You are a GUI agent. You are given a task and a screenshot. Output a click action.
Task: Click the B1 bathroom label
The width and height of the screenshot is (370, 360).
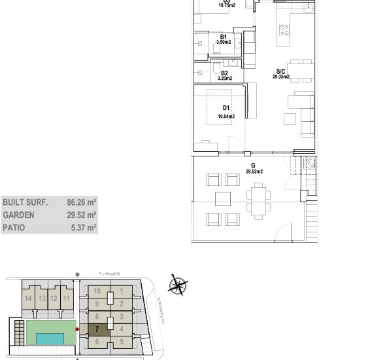coord(223,37)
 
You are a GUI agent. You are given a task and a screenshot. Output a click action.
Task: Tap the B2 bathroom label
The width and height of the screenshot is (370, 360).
coord(224,73)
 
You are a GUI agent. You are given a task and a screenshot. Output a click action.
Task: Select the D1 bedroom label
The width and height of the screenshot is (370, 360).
coord(226,108)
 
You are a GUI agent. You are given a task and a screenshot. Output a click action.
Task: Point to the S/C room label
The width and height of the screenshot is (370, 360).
coord(280,71)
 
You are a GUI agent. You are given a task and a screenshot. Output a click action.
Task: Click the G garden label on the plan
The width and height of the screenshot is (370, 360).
coord(253,166)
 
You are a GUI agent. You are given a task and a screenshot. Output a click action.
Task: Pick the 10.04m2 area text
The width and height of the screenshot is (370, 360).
coord(226,117)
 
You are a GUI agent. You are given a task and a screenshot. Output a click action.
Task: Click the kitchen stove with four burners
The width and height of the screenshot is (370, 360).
coord(284,29)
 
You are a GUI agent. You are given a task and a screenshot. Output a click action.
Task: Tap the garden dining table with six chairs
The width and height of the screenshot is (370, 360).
coord(258,200)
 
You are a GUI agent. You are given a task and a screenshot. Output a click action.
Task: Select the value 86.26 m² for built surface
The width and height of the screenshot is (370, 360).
coord(81,203)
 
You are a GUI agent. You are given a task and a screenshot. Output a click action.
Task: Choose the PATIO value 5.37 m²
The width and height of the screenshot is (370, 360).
coord(84,228)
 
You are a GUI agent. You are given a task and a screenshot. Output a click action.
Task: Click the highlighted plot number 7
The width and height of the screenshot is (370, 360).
coord(97,329)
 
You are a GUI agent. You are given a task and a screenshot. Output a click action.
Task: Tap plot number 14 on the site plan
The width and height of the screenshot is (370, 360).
coord(28,298)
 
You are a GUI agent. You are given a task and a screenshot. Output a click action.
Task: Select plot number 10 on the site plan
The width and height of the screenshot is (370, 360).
coord(97,291)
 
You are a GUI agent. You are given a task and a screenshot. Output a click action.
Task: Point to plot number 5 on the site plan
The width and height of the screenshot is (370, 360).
coord(122,341)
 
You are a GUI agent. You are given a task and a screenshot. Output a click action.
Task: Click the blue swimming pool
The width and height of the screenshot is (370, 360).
coord(50,338)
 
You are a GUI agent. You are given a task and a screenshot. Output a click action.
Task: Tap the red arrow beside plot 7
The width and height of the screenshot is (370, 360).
coord(77,329)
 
